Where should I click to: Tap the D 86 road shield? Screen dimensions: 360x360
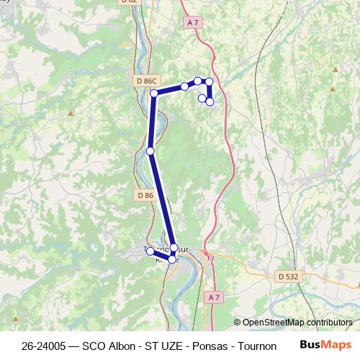tap(145, 195)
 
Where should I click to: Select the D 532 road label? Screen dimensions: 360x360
tap(287, 276)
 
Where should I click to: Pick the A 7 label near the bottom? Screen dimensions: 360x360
tap(213, 297)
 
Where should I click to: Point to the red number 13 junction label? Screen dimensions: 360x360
tap(210, 258)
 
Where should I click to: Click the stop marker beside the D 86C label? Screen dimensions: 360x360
tap(154, 93)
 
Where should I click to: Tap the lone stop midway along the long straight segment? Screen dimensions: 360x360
tap(150, 150)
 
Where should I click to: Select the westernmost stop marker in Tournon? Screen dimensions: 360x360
tap(150, 251)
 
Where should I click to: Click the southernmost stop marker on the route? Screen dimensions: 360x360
tap(172, 258)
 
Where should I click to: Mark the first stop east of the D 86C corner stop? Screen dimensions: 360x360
tap(185, 86)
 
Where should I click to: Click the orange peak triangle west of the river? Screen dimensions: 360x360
tap(71, 114)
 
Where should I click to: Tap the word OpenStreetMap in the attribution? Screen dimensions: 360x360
tap(274, 323)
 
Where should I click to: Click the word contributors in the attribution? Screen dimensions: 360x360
tap(330, 323)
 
